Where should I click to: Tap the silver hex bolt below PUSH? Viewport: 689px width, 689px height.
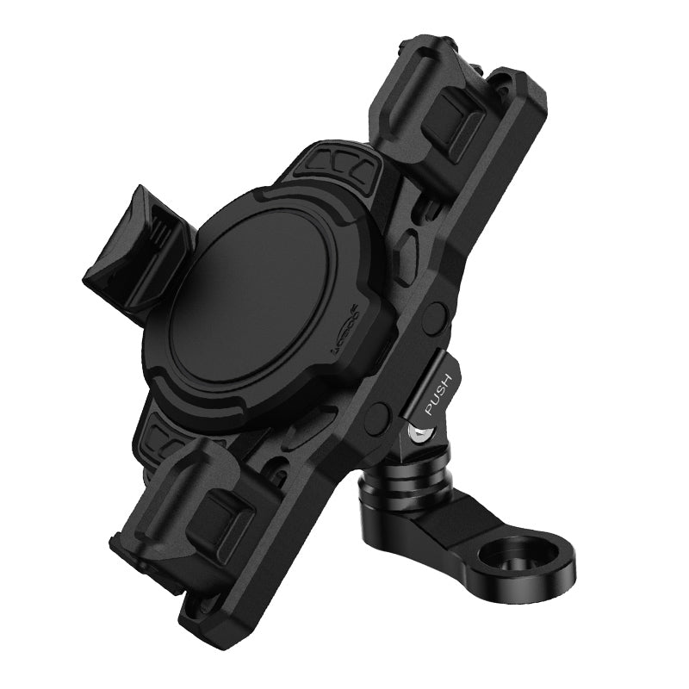419,436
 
